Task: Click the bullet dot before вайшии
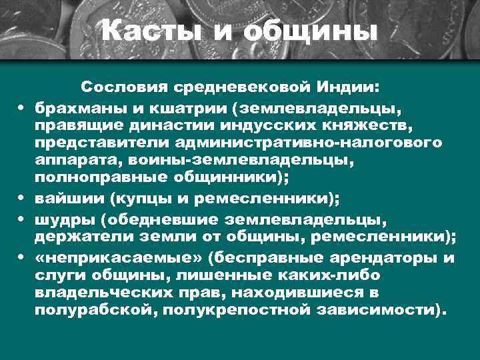point(23,199)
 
